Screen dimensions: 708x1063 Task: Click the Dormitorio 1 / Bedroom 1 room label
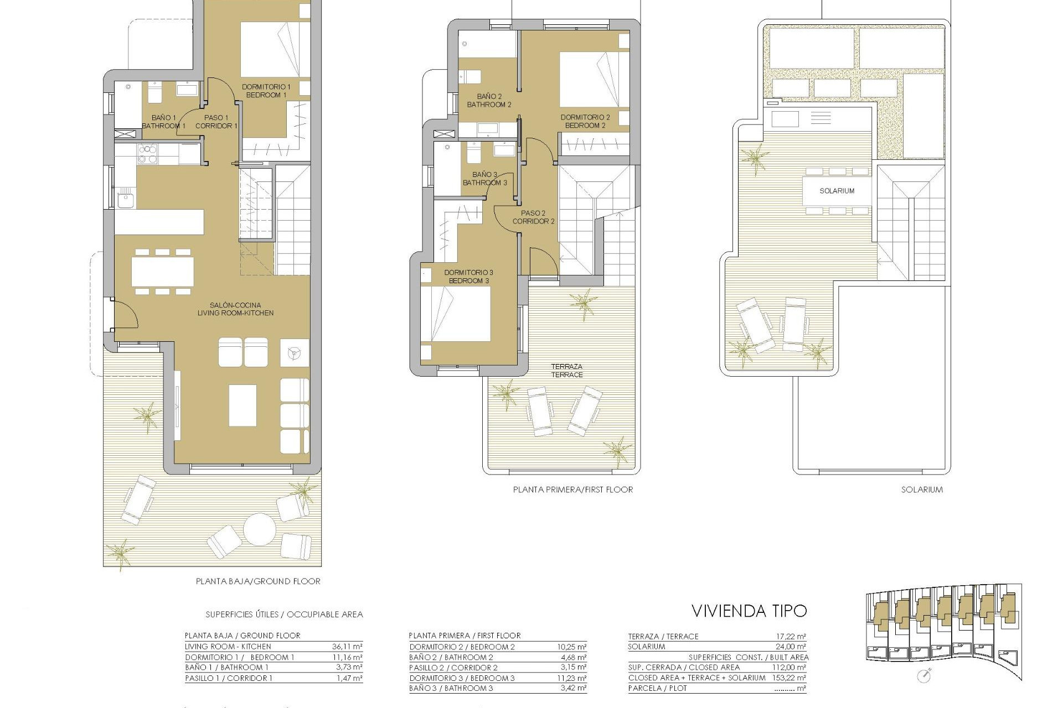(266, 91)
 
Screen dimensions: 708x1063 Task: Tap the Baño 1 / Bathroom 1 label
(164, 122)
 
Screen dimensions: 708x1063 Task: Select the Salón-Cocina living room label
(235, 309)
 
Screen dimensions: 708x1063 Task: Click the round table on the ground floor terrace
(260, 529)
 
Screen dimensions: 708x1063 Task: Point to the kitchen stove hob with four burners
(147, 154)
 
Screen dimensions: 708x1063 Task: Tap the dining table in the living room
(162, 272)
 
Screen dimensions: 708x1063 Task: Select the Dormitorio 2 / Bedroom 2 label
(585, 121)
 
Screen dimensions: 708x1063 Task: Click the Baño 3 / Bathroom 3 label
(485, 178)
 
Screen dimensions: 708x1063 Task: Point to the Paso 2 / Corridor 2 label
(533, 217)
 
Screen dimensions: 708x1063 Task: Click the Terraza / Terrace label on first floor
(567, 371)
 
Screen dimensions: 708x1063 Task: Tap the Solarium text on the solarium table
(837, 191)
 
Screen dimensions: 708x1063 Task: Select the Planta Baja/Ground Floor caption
(258, 581)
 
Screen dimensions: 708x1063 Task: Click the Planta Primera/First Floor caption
(572, 490)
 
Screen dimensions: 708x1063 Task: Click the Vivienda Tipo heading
(749, 611)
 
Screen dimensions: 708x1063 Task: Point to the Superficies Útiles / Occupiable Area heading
(284, 615)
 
